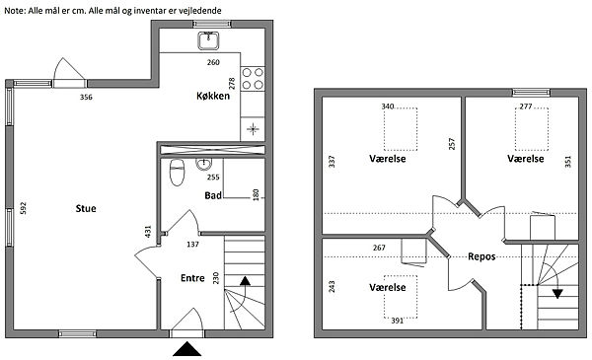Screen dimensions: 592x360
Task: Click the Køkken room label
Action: (213, 96)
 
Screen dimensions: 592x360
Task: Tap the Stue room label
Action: (86, 208)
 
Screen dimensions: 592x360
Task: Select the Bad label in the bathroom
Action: (213, 195)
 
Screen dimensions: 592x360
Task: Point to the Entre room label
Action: (192, 278)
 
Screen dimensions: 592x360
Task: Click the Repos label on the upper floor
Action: (481, 256)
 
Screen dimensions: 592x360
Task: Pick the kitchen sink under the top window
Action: (208, 40)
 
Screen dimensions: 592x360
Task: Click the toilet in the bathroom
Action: (177, 172)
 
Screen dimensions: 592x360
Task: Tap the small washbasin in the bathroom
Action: (204, 164)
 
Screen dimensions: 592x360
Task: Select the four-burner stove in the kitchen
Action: (253, 79)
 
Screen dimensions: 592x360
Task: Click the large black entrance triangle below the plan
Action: (186, 349)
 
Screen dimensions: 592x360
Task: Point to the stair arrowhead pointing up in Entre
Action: (245, 280)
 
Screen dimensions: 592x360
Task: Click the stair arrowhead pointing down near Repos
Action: (557, 294)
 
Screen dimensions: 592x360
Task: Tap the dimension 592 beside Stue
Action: (23, 208)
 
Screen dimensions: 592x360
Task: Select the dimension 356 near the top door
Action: (86, 97)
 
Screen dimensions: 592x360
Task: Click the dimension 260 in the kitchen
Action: (213, 62)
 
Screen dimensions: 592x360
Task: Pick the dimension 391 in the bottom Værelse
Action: (398, 321)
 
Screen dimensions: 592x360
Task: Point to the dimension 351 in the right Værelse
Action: (568, 162)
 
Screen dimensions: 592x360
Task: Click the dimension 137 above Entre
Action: (192, 245)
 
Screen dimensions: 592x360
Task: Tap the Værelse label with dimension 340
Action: (388, 159)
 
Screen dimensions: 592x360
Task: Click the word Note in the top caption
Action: (15, 11)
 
